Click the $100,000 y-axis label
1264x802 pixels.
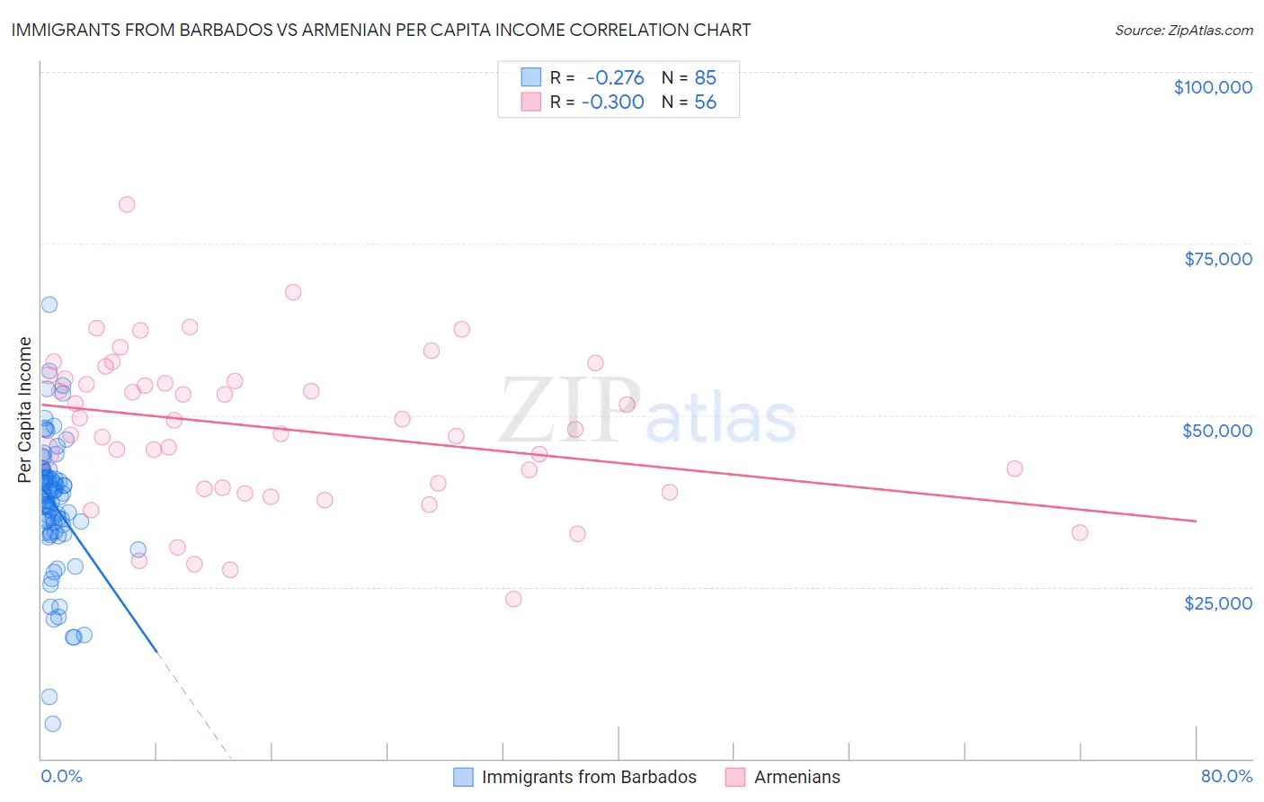pos(1213,87)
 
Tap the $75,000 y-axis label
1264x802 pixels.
pos(1218,259)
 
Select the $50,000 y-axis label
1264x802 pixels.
pos(1217,431)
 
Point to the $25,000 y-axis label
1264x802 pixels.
pos(1218,602)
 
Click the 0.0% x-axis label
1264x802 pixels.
pos(61,776)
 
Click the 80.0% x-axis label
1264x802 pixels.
pos(1226,776)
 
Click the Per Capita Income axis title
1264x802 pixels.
pos(25,409)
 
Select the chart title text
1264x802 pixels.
pos(381,30)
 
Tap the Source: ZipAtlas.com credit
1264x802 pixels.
pos(1183,31)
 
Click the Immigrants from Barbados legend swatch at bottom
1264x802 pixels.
pos(463,777)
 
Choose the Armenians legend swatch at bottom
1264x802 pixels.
pos(735,777)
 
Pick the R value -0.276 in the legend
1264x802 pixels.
pos(615,78)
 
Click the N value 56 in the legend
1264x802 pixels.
pos(705,102)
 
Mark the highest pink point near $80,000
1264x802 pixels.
pos(127,204)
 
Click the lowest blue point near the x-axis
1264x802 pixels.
pos(53,724)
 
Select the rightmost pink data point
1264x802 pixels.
pos(1080,532)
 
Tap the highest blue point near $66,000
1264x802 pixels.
pos(49,305)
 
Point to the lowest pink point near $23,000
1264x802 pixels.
pos(513,599)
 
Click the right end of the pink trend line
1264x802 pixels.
pos(1196,521)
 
